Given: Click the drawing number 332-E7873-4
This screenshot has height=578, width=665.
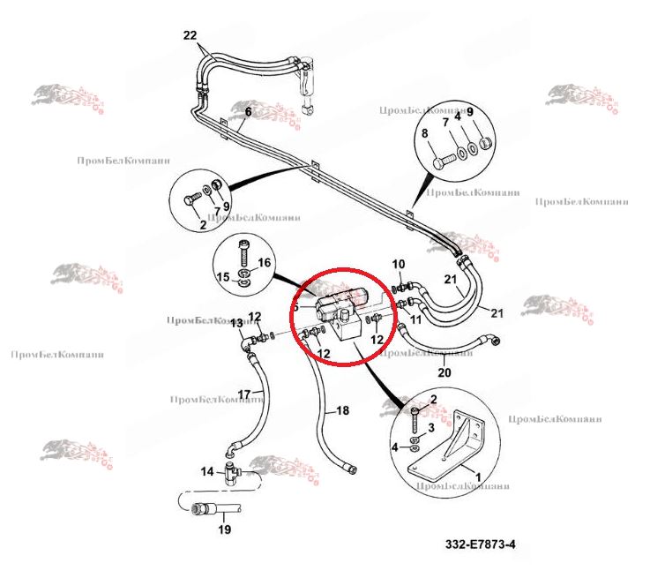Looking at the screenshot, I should tap(480, 544).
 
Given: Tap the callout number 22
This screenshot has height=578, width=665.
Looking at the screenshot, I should tap(191, 35).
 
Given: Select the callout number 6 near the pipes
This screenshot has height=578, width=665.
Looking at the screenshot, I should tap(248, 112).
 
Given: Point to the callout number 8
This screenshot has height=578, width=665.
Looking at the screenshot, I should tap(424, 134).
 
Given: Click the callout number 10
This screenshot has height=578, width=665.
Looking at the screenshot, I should tap(398, 264).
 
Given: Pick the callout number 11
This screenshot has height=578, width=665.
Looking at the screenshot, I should tap(415, 319).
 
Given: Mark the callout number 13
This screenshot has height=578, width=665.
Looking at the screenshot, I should tap(236, 324).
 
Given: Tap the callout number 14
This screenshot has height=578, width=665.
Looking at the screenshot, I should tap(207, 472).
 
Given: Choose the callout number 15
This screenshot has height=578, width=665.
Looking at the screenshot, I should tap(223, 278).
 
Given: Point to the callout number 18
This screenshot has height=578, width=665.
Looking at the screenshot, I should tap(343, 411).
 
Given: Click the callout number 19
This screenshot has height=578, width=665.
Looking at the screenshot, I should tap(224, 530).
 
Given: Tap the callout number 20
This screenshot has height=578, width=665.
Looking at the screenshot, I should tap(444, 372).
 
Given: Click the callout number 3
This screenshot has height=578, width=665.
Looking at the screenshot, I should tap(431, 427).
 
